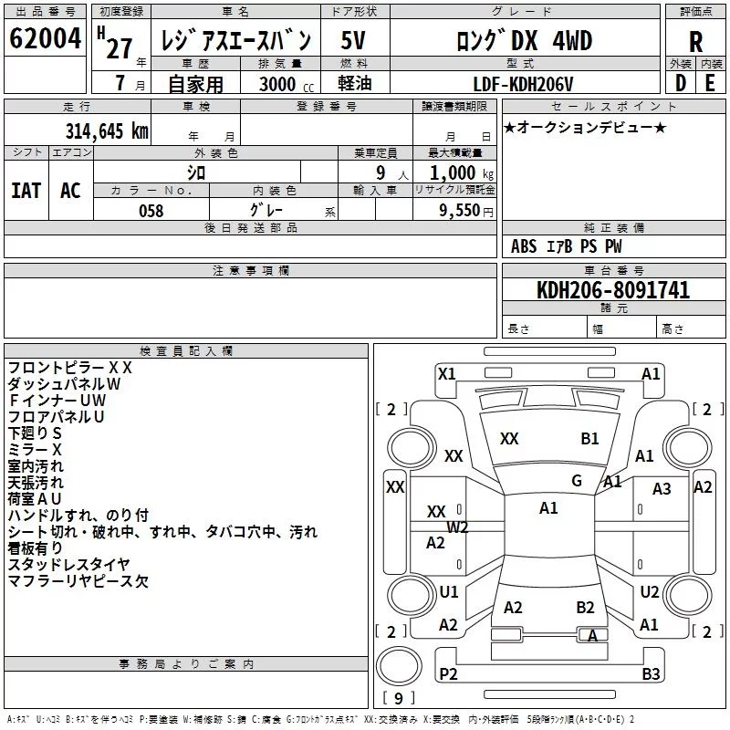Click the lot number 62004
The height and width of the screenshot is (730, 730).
(x=45, y=38)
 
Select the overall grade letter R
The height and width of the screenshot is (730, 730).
(x=695, y=42)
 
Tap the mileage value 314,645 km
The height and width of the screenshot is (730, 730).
(x=107, y=131)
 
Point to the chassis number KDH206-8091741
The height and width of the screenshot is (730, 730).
(x=613, y=290)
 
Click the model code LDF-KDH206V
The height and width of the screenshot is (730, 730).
(x=523, y=84)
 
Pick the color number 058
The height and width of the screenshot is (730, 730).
(x=151, y=211)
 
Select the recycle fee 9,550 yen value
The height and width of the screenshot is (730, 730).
(x=466, y=211)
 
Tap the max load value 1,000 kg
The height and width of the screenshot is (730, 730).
(x=462, y=173)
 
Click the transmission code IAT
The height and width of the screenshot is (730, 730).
(x=26, y=191)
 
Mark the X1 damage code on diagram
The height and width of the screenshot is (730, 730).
(x=447, y=374)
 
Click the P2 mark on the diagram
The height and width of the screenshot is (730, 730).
(x=448, y=673)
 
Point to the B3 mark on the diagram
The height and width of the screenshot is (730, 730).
(x=651, y=673)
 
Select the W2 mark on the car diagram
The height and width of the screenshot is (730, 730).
(x=457, y=527)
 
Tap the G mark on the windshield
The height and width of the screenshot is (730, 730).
(x=577, y=481)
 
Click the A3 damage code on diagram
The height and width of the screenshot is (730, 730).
(x=662, y=489)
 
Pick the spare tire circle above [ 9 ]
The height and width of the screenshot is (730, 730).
(x=399, y=666)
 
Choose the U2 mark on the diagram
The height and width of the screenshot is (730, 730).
(x=650, y=591)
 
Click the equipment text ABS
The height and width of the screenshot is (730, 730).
(x=524, y=246)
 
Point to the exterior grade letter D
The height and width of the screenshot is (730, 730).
(x=681, y=83)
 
